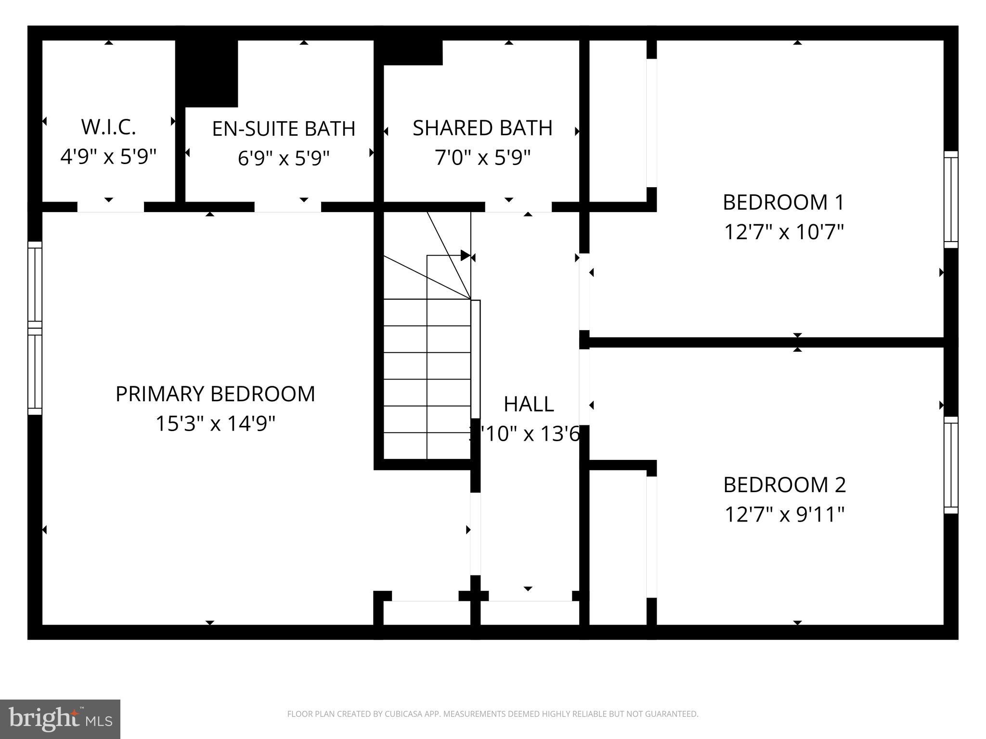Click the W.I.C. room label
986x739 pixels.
click(x=108, y=127)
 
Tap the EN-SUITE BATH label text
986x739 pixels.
click(x=284, y=129)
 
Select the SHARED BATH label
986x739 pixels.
click(x=482, y=128)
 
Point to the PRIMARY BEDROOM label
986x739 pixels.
click(x=215, y=394)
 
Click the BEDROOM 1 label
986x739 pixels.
click(x=784, y=203)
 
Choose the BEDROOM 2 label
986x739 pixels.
click(x=785, y=485)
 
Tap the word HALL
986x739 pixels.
click(x=529, y=404)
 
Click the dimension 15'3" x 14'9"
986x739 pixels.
click(x=215, y=424)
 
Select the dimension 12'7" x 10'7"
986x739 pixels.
click(x=784, y=232)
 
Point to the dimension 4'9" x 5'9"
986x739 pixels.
click(x=108, y=157)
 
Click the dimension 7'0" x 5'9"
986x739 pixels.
click(x=482, y=158)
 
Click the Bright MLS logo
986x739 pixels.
click(x=60, y=719)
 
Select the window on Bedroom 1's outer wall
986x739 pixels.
click(x=950, y=200)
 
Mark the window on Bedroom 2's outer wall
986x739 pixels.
click(x=950, y=465)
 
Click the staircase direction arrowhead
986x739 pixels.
click(x=465, y=255)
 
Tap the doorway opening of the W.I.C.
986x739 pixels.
click(x=111, y=207)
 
